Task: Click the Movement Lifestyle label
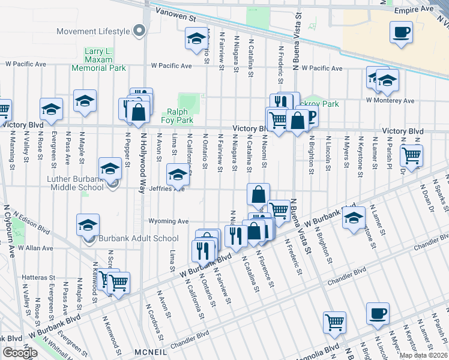pyautogui.click(x=93, y=31)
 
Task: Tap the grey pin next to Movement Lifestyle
pyautogui.click(x=140, y=30)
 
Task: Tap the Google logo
pyautogui.click(x=20, y=353)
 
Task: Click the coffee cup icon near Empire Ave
pyautogui.click(x=401, y=32)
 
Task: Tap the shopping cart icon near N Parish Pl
pyautogui.click(x=411, y=156)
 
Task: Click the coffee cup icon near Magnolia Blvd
pyautogui.click(x=378, y=313)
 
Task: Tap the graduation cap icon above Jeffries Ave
pyautogui.click(x=177, y=175)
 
